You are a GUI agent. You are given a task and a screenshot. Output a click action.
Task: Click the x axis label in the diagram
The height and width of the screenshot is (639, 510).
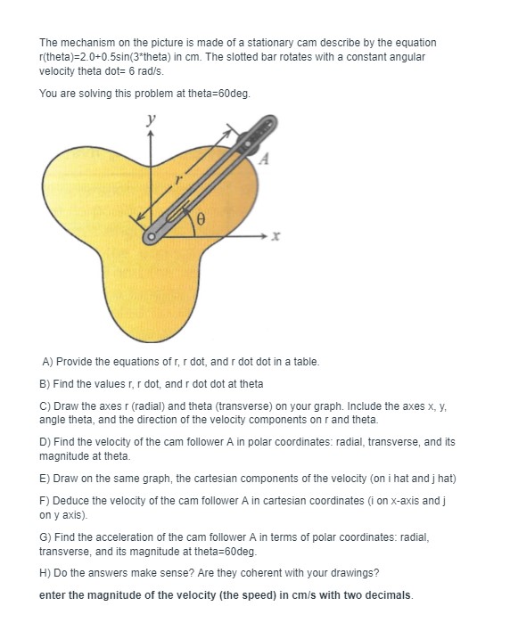pyautogui.click(x=276, y=238)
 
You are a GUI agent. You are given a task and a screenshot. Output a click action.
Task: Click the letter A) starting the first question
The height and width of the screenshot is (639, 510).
pyautogui.click(x=48, y=362)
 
